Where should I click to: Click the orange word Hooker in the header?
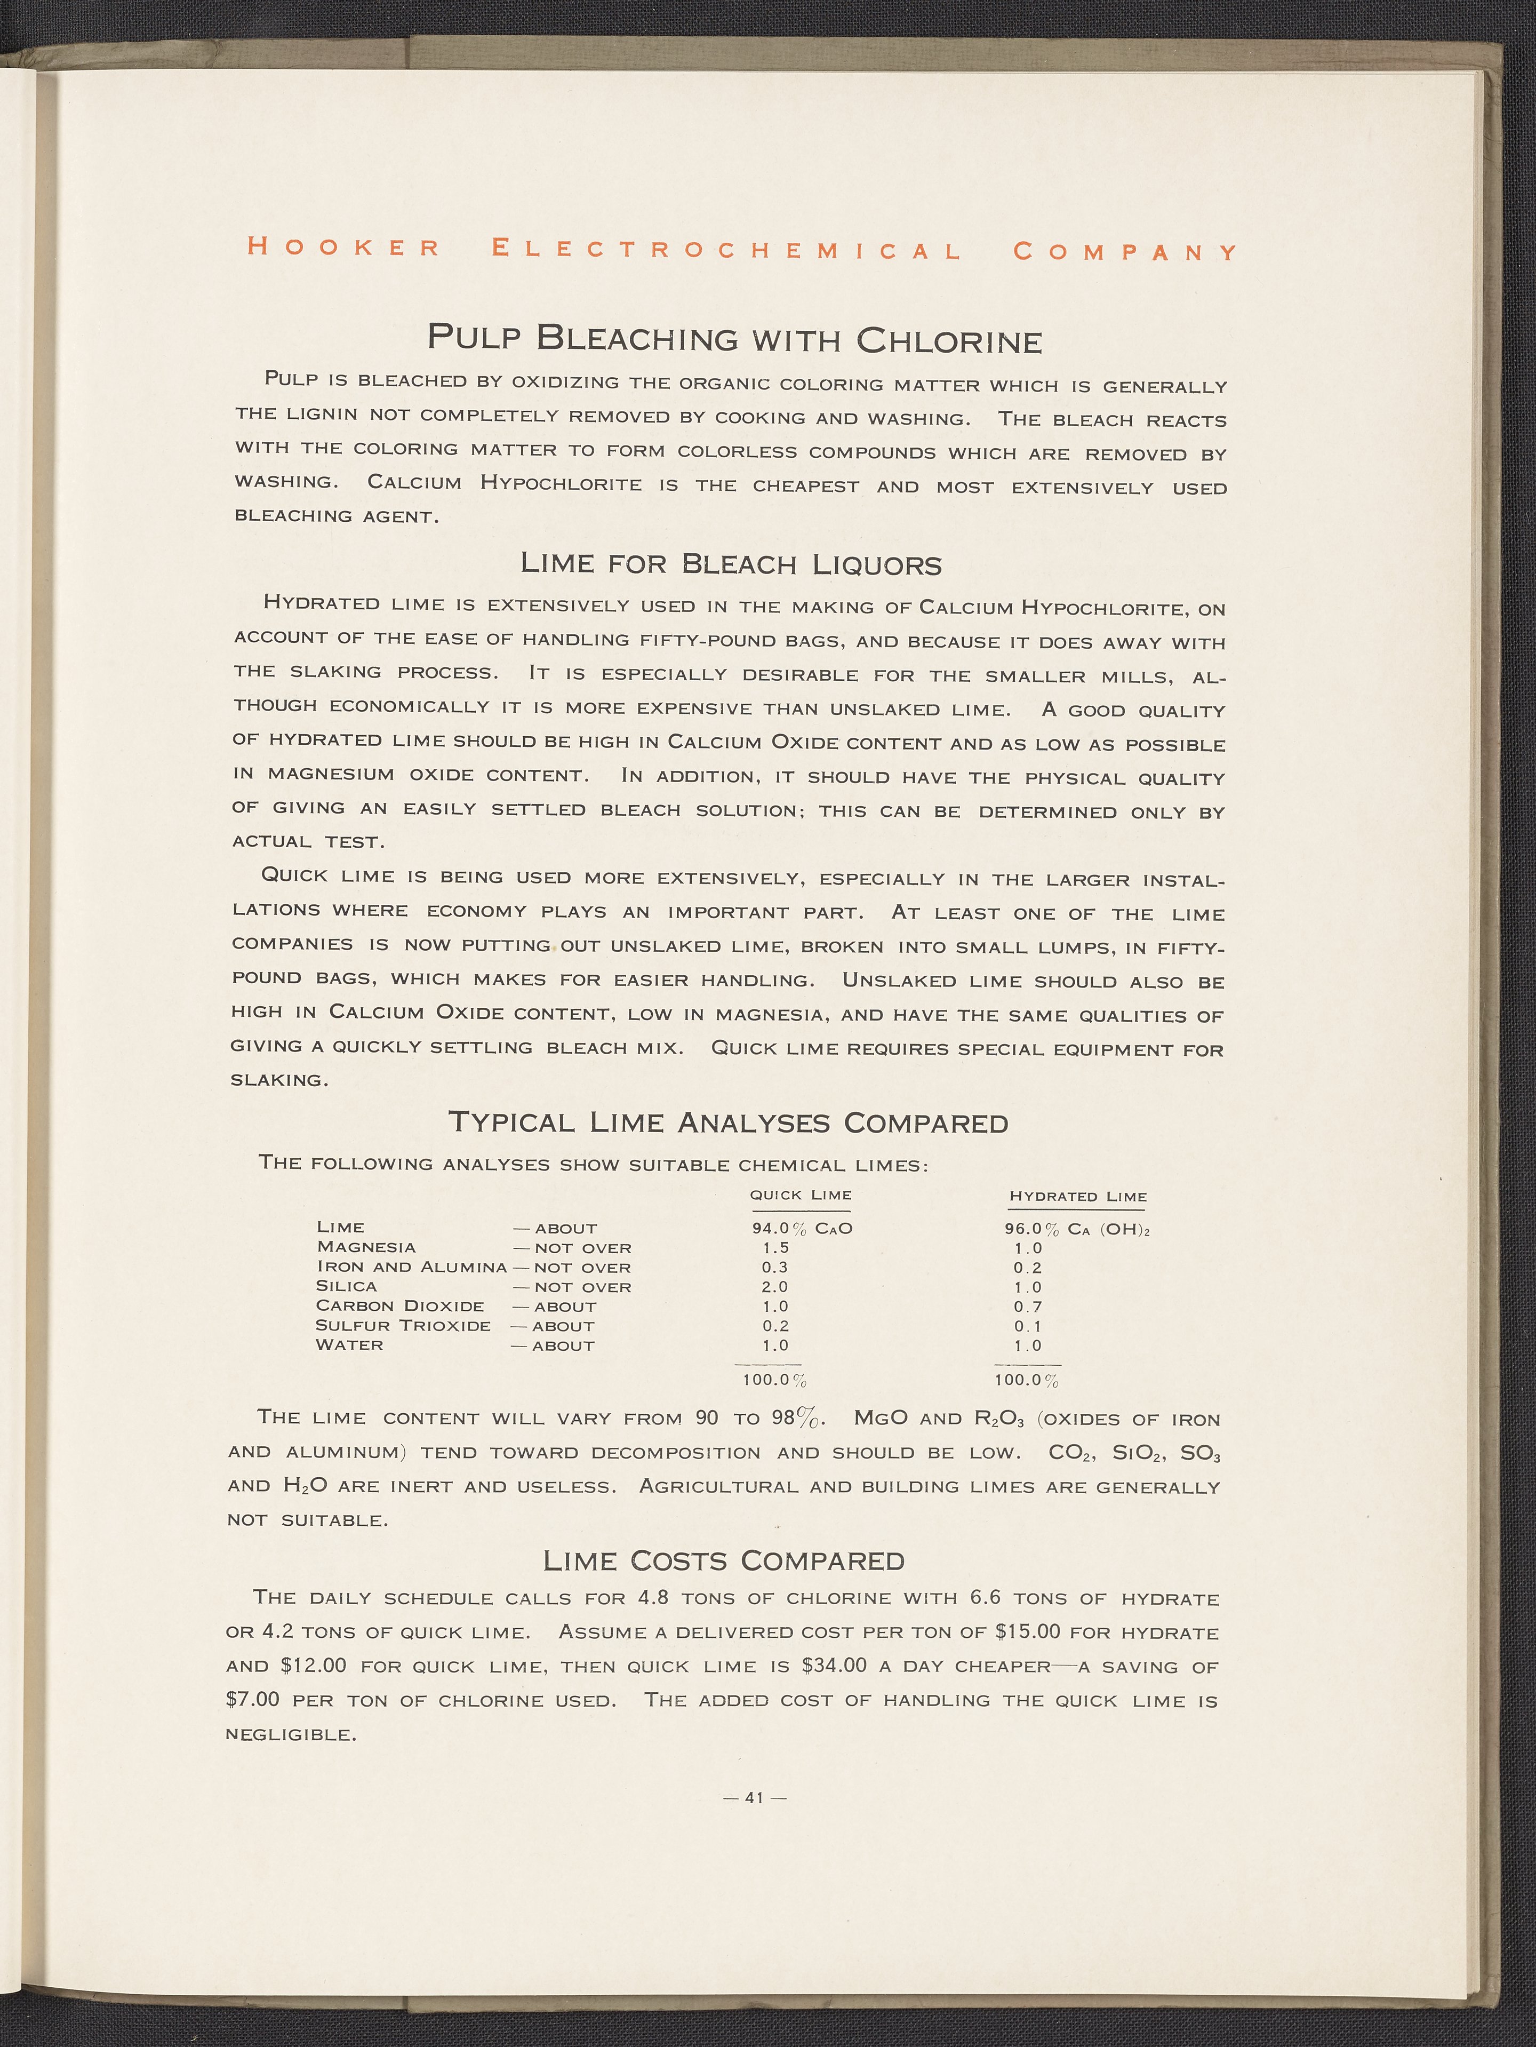(x=343, y=248)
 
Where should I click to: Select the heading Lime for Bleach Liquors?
(x=731, y=563)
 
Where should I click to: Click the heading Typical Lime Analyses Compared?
(x=728, y=1122)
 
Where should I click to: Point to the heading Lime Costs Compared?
(x=724, y=1561)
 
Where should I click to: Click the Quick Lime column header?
(x=801, y=1194)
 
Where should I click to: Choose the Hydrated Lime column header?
(x=1077, y=1197)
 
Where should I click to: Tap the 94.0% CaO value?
(x=801, y=1229)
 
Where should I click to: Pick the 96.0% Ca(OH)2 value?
(x=1077, y=1230)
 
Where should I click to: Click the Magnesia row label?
(x=366, y=1247)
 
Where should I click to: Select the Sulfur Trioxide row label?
(x=403, y=1325)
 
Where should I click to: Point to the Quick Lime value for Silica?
(x=774, y=1286)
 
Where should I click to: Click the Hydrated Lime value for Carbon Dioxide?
(x=1027, y=1307)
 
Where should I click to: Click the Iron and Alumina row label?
(x=412, y=1267)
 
